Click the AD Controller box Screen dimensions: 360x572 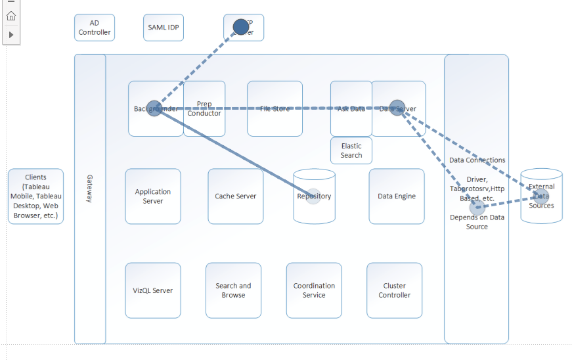(x=95, y=28)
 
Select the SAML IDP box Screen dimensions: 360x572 (x=164, y=28)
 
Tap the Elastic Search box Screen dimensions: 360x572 (x=351, y=150)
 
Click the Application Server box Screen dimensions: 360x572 (x=153, y=196)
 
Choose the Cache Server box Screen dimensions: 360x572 (x=235, y=196)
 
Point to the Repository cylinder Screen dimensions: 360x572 (x=314, y=196)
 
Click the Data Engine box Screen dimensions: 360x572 (x=396, y=196)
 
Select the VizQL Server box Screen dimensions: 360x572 (x=153, y=290)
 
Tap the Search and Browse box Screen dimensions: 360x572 (x=233, y=290)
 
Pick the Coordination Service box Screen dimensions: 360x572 (x=314, y=290)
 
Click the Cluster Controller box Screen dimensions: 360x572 (x=394, y=290)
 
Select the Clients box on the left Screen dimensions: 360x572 (x=36, y=196)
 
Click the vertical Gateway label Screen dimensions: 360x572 (x=90, y=188)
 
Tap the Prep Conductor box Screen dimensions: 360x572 (x=204, y=108)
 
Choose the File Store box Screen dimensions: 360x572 (x=275, y=108)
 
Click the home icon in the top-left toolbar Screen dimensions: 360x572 (x=11, y=16)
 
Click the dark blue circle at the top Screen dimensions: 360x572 (x=241, y=27)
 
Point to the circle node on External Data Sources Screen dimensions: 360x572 (x=541, y=196)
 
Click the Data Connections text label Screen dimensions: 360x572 (x=477, y=160)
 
